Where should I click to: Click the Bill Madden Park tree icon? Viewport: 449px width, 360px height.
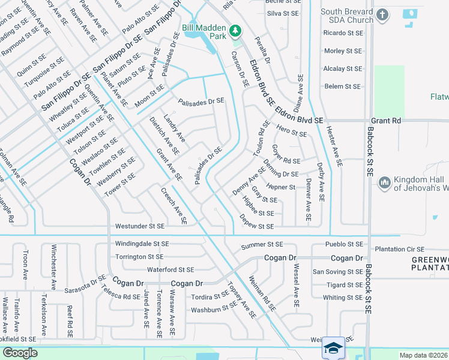pos(237,29)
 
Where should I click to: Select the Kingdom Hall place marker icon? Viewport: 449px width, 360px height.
pos(385,182)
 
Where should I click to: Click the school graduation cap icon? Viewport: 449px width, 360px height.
pos(333,347)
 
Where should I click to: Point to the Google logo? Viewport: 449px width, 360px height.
pos(20,353)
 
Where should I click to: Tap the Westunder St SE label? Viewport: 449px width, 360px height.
pos(139,227)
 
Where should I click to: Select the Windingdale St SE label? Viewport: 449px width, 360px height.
pos(142,244)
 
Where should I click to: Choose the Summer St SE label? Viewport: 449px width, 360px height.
pos(261,245)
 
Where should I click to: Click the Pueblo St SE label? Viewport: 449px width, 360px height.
pos(344,244)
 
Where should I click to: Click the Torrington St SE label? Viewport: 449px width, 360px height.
pos(139,257)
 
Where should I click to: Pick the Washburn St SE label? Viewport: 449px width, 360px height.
pos(214,310)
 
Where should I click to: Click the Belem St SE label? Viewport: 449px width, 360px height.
pos(342,86)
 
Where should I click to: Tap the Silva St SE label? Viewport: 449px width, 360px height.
pos(283,13)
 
